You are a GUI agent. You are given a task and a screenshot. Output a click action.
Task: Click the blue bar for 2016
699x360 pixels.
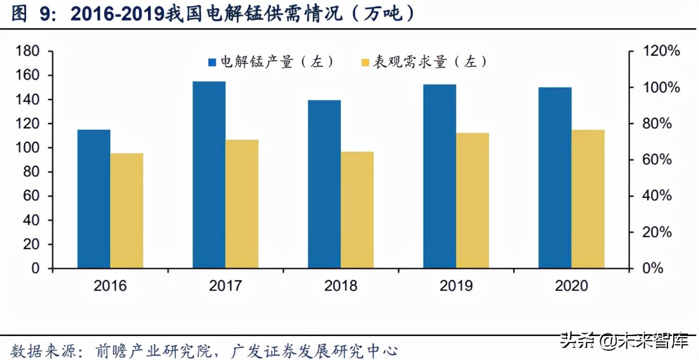(x=94, y=199)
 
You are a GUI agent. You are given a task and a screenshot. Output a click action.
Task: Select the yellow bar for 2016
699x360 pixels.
(x=126, y=211)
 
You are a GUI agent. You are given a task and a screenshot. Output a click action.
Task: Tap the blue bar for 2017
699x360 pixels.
(x=209, y=175)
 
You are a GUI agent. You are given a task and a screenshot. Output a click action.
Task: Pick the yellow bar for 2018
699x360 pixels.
(x=357, y=210)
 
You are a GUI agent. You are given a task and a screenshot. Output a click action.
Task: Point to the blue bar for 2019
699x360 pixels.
(x=439, y=176)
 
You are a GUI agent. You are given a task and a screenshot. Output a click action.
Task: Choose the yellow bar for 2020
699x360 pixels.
(x=588, y=199)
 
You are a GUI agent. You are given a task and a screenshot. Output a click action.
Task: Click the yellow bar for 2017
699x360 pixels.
(x=242, y=204)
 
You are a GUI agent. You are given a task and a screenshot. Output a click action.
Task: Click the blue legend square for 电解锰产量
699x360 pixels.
(x=213, y=62)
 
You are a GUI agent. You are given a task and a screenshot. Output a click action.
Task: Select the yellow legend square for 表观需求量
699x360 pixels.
(x=366, y=62)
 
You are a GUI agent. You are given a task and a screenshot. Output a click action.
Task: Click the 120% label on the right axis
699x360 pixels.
(x=661, y=51)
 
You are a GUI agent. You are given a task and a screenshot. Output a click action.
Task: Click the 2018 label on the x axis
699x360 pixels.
(x=341, y=286)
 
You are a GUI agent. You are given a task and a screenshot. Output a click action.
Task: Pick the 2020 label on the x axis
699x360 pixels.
(x=571, y=286)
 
